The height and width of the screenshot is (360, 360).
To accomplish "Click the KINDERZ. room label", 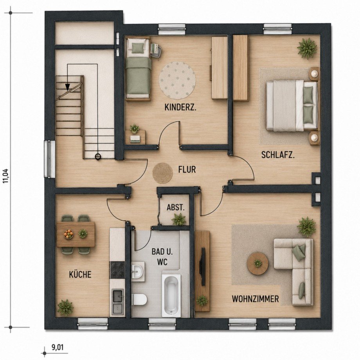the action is (x=180, y=108).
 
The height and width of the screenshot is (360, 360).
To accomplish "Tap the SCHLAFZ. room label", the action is (x=278, y=155).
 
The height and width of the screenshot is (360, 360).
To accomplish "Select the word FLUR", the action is (x=187, y=169).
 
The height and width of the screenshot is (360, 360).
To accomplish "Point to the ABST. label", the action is (x=176, y=207).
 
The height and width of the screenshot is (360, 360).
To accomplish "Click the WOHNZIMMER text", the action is (x=255, y=299).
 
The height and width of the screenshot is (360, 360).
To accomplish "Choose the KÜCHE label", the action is (x=80, y=274).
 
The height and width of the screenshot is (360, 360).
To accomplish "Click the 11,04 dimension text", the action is (x=6, y=176).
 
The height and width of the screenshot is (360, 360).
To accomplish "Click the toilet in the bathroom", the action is (x=139, y=299).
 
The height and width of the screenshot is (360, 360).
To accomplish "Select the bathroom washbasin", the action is (x=138, y=271).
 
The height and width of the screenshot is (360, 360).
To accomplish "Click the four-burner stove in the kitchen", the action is (x=117, y=270).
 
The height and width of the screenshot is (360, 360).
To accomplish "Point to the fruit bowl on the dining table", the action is (x=68, y=234).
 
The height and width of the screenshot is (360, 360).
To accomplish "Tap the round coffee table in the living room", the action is (x=258, y=263).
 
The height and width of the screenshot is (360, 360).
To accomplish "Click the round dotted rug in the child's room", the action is (x=177, y=81).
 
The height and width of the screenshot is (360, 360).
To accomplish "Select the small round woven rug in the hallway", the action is (x=163, y=173).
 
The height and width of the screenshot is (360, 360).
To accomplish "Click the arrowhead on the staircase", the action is (x=67, y=86).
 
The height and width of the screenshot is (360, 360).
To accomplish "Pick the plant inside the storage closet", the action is (x=179, y=219).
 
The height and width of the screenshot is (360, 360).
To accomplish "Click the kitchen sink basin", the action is (x=118, y=296).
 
